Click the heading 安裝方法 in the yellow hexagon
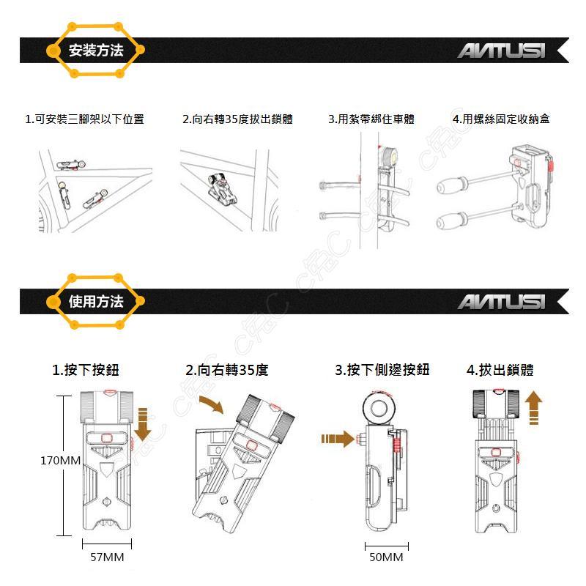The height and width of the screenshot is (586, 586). (96, 50)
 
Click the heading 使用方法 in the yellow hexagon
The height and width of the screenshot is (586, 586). (96, 301)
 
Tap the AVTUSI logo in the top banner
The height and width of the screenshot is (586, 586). (502, 51)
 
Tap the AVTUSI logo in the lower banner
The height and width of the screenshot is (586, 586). (502, 302)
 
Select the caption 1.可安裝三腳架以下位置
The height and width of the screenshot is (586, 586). (84, 119)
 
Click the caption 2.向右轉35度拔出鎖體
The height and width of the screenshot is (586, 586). (237, 119)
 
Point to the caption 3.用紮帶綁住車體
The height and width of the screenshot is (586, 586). (371, 119)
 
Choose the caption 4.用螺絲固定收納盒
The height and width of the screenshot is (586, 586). (501, 119)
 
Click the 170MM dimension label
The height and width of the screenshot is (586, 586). (61, 461)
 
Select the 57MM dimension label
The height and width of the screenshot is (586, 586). (107, 557)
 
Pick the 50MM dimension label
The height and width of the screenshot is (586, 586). (387, 557)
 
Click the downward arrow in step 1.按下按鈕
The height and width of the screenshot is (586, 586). (142, 425)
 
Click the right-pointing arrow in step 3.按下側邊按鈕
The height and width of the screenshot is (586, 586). (338, 439)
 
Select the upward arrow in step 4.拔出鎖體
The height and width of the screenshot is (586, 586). (534, 408)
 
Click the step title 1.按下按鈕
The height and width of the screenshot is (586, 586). (86, 370)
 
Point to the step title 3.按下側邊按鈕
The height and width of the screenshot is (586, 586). (382, 370)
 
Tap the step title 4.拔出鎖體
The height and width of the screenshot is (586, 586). (500, 370)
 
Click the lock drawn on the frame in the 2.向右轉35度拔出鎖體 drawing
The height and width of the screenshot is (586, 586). (222, 190)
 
